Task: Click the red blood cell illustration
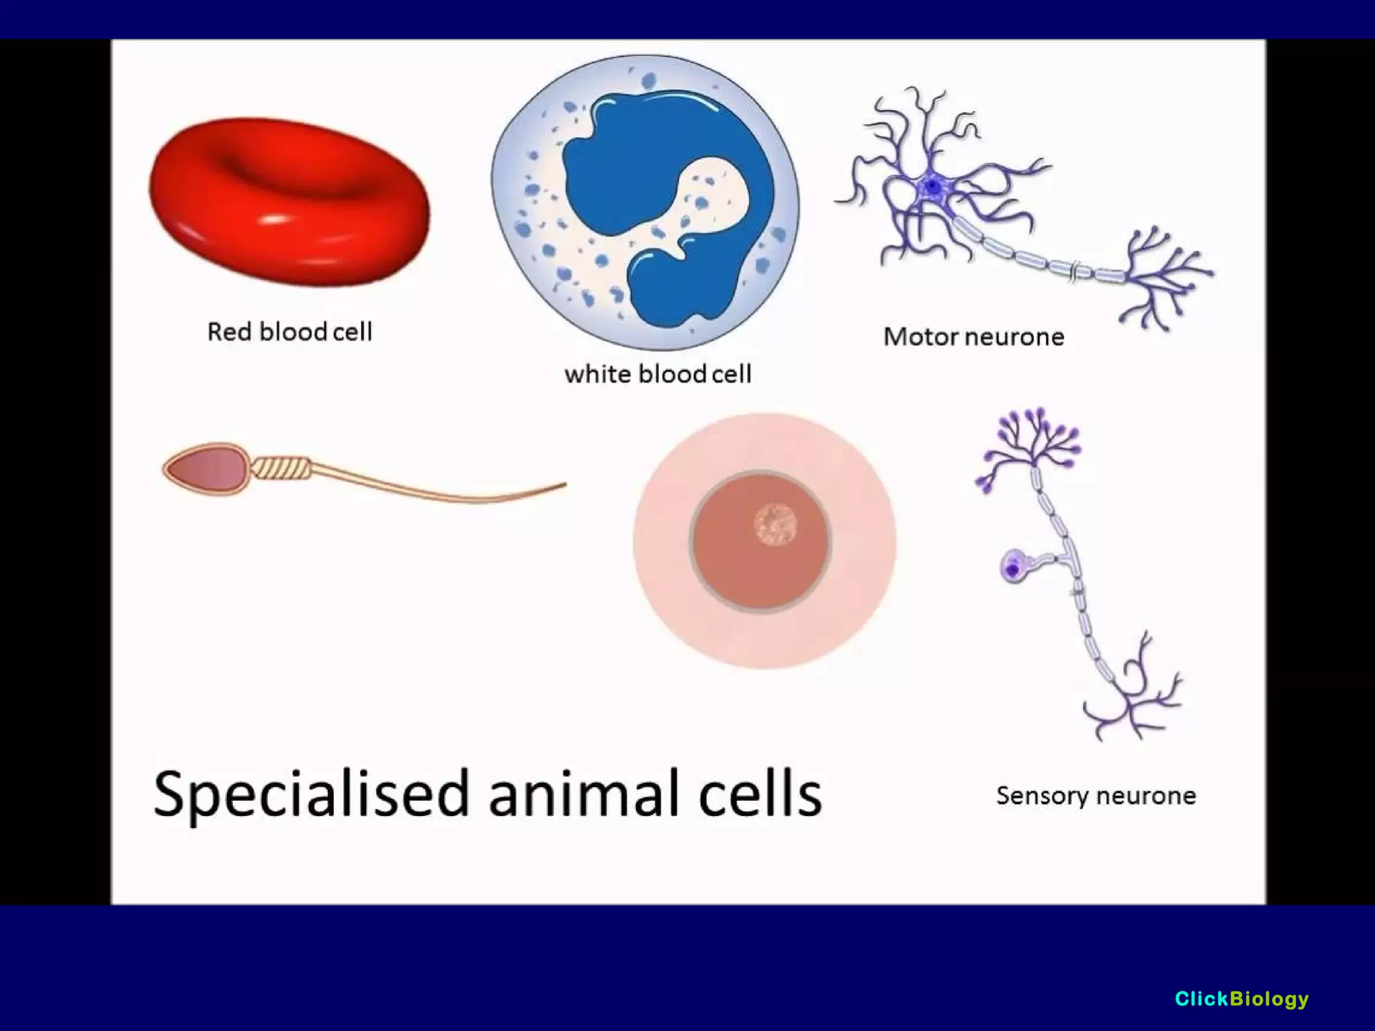(x=289, y=201)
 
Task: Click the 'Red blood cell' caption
(x=289, y=332)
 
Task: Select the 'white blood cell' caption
(x=657, y=374)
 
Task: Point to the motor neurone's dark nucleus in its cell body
(x=933, y=186)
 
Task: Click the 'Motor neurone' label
(x=974, y=336)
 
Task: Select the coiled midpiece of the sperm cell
(x=282, y=467)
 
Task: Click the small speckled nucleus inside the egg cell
(x=775, y=524)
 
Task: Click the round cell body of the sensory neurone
(x=1014, y=567)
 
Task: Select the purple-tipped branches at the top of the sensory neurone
(x=1031, y=443)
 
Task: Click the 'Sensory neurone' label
(x=1096, y=795)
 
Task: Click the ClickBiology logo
(x=1241, y=999)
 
